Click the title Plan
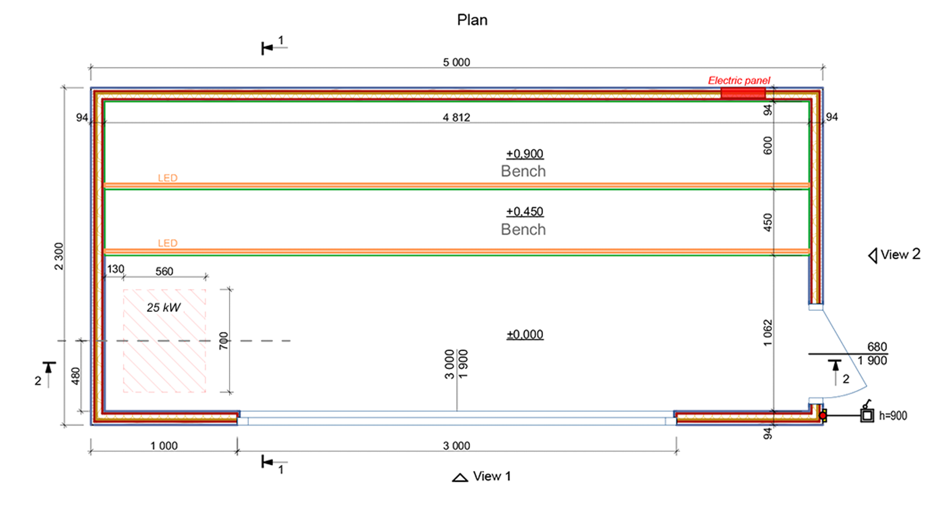click(472, 20)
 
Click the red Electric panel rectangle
click(743, 93)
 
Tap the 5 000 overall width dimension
click(456, 62)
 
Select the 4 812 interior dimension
click(456, 118)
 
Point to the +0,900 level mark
click(525, 154)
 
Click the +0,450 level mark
click(525, 212)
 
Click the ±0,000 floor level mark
click(525, 334)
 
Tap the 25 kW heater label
click(163, 307)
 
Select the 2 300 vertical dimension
click(59, 256)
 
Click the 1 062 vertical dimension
click(767, 333)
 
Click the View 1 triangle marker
click(460, 477)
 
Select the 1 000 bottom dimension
click(164, 446)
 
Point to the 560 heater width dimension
click(164, 271)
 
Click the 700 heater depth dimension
click(223, 341)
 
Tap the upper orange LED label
click(167, 178)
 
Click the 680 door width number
click(877, 347)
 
